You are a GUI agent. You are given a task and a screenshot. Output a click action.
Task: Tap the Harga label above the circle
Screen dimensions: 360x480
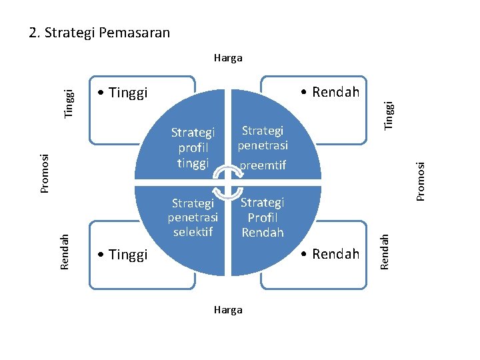click(228, 58)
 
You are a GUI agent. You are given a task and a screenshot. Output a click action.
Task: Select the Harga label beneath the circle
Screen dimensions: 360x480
click(228, 310)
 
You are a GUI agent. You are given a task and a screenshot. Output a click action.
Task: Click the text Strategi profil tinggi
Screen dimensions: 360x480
click(193, 147)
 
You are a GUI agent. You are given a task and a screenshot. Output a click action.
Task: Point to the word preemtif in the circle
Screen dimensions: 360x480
click(263, 165)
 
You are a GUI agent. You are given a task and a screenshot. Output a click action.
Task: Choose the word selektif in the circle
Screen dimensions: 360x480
click(193, 232)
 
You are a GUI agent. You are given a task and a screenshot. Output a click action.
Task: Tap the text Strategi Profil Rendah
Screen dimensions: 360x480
click(263, 217)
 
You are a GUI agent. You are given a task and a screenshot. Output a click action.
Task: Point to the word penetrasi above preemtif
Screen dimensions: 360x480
click(263, 145)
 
